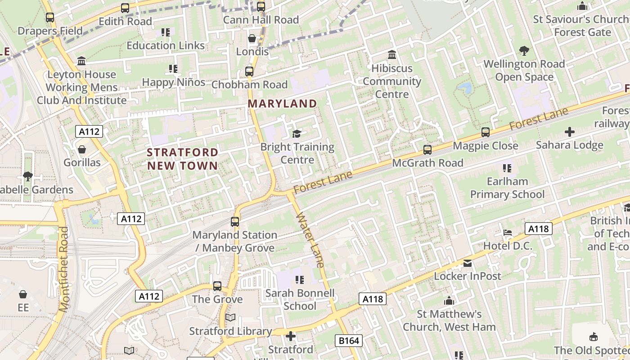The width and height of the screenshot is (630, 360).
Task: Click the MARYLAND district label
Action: point(282,103)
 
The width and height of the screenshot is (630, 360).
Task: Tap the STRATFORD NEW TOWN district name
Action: point(182,159)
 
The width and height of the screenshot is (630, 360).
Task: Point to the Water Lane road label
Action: point(310,240)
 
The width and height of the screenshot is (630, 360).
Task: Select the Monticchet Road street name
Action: point(64,269)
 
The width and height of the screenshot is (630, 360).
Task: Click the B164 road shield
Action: point(349,341)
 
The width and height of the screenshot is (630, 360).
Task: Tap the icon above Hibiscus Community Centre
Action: point(392,55)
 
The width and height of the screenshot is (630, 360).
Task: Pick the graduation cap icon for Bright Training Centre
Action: point(297,134)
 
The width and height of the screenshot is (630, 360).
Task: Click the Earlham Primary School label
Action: point(507,188)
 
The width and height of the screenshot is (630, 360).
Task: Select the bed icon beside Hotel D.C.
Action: point(508,233)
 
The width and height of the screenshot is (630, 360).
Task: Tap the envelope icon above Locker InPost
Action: point(468,263)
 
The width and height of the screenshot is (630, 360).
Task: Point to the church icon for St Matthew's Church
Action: point(449,301)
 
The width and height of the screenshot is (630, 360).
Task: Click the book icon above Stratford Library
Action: point(230,318)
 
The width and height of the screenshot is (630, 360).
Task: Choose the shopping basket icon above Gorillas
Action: point(82,149)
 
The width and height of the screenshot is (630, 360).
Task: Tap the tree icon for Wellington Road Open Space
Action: point(524,50)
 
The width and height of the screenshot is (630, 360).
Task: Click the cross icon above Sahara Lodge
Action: point(570,132)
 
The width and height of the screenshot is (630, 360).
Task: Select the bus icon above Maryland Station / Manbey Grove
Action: point(235,221)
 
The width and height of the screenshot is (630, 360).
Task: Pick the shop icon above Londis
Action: point(252,38)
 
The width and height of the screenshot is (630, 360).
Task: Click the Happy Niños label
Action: point(174,82)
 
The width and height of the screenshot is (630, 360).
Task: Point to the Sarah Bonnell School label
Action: point(300,300)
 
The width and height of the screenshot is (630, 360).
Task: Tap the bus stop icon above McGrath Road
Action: point(427,149)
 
